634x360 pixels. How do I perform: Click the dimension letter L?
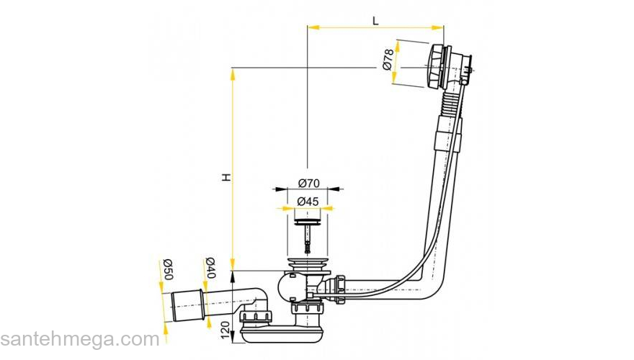pyautogui.click(x=375, y=21)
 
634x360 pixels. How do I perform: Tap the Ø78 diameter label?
pyautogui.click(x=388, y=59)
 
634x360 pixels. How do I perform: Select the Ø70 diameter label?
pyautogui.click(x=309, y=183)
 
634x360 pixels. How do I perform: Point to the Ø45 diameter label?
pyautogui.click(x=308, y=201)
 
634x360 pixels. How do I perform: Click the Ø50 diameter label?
pyautogui.click(x=167, y=269)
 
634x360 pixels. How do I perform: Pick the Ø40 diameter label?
pyautogui.click(x=210, y=267)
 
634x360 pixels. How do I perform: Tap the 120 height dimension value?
pyautogui.click(x=226, y=330)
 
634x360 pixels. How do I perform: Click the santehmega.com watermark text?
pyautogui.click(x=80, y=339)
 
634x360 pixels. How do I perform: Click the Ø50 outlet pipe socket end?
pyautogui.click(x=187, y=305)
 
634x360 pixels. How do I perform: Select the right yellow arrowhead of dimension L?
pyautogui.click(x=438, y=27)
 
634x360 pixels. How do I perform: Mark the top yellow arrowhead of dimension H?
pyautogui.click(x=233, y=74)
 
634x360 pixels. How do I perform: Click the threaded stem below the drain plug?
pyautogui.click(x=308, y=239)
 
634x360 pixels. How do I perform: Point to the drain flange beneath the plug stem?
pyautogui.click(x=308, y=264)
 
